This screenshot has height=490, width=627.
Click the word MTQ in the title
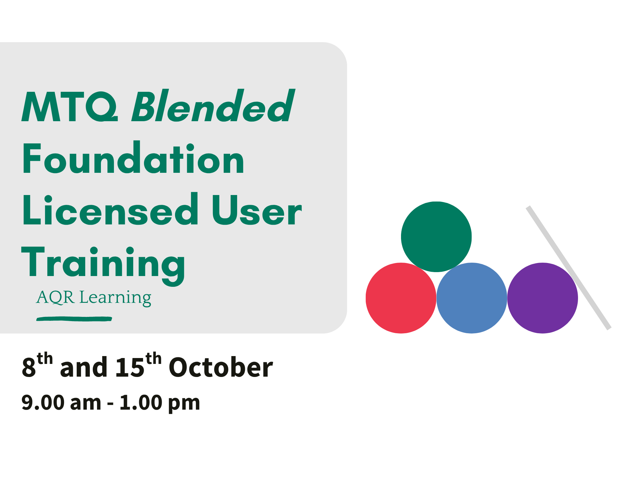(70, 106)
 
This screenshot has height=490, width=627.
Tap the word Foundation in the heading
(133, 158)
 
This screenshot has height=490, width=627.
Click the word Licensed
(110, 209)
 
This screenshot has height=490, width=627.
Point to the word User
(257, 210)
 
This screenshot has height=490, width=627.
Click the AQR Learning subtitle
(94, 298)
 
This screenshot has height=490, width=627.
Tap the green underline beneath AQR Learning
(74, 319)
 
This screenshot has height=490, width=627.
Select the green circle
(436, 237)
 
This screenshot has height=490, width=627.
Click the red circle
(401, 298)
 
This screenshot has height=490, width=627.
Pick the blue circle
(472, 298)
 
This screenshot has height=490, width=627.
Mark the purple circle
(543, 298)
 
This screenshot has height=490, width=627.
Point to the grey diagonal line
(569, 268)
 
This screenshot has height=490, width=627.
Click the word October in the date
(221, 367)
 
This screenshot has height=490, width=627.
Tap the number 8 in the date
(29, 367)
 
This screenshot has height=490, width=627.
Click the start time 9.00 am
(61, 402)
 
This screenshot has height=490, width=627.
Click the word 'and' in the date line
(84, 367)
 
